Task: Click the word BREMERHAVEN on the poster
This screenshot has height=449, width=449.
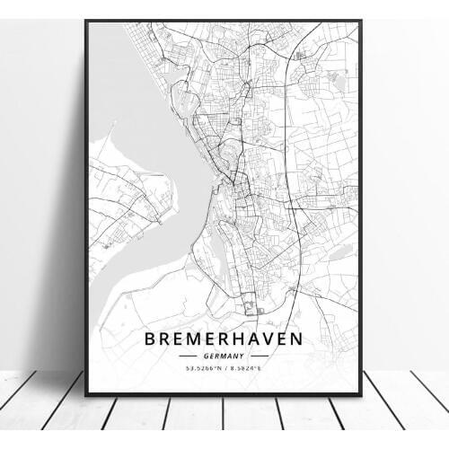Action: pos(224,342)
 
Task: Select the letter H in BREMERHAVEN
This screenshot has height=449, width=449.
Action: pos(238,342)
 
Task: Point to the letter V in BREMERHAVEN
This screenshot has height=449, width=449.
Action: pos(269,342)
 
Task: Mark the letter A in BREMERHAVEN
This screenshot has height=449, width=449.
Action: pos(254,342)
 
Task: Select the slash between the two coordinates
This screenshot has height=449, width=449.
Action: pos(224,368)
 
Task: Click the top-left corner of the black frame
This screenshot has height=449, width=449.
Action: pos(86,19)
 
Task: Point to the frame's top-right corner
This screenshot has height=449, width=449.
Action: pos(360,20)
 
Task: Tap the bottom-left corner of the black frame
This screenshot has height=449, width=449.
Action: pos(86,395)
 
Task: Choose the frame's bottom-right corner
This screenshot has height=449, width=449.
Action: pos(362,395)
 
